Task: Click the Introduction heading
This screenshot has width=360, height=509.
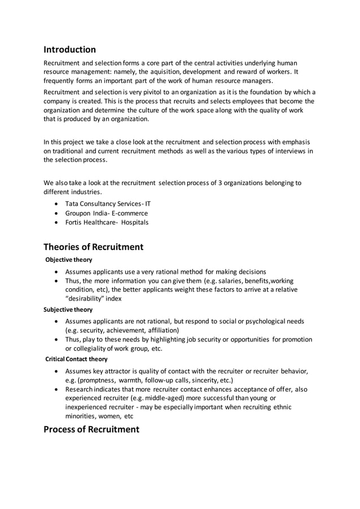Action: coord(70,50)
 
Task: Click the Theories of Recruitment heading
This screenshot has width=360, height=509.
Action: coord(94,247)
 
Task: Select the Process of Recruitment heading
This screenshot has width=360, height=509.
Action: coord(91,429)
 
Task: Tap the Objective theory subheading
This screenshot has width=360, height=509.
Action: coord(69,260)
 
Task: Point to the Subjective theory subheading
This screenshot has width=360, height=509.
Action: coord(68,310)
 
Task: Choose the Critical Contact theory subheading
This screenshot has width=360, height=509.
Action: coord(76,359)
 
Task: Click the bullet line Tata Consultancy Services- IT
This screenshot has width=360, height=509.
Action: coord(108,203)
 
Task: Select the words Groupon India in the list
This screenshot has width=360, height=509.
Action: coord(87,213)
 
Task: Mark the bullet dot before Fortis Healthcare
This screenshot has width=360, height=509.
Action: coord(56,222)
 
